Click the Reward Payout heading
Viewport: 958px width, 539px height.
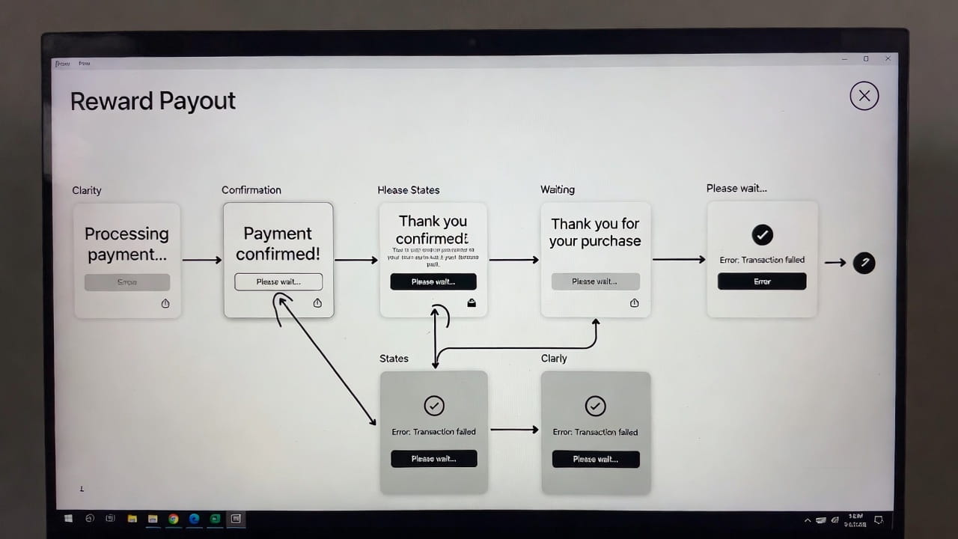click(x=153, y=101)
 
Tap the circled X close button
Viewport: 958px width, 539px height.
click(x=864, y=96)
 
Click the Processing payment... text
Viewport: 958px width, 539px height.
click(x=126, y=244)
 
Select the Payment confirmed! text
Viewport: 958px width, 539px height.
click(x=278, y=243)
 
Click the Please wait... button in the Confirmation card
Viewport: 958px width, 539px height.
click(x=278, y=281)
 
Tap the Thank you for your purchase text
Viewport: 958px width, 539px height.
click(x=595, y=232)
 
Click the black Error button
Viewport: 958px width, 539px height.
click(x=762, y=281)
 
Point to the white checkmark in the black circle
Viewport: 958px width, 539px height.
click(x=762, y=235)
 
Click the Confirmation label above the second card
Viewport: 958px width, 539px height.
click(x=251, y=190)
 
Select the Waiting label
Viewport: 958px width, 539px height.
click(x=558, y=190)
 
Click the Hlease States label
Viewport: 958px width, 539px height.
click(x=409, y=190)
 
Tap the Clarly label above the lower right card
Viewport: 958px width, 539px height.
click(x=554, y=359)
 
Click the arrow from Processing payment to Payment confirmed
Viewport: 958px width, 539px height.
click(x=201, y=260)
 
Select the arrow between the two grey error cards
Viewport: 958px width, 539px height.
click(x=513, y=430)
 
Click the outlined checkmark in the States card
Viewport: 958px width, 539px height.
click(x=434, y=405)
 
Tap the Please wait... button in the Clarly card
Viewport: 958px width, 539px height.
click(x=596, y=459)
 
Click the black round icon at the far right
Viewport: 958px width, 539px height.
click(x=864, y=263)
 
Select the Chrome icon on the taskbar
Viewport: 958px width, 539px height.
click(x=174, y=518)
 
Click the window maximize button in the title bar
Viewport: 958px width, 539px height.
click(x=866, y=59)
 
